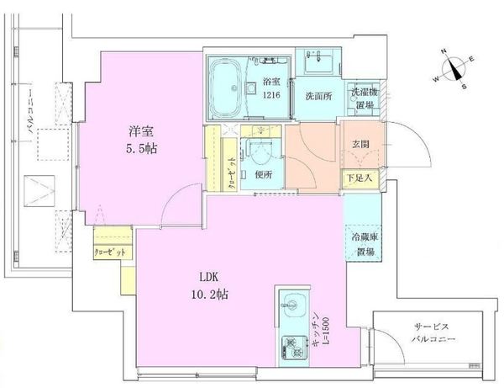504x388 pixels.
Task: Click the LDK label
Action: pyautogui.click(x=211, y=278)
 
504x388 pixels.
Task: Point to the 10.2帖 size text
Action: pyautogui.click(x=211, y=295)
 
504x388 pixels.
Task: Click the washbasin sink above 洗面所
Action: pyautogui.click(x=319, y=62)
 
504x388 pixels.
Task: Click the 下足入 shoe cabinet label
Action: pyautogui.click(x=361, y=178)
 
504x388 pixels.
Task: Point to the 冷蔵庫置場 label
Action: pyautogui.click(x=363, y=243)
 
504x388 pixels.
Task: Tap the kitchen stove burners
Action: pyautogui.click(x=293, y=344)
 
